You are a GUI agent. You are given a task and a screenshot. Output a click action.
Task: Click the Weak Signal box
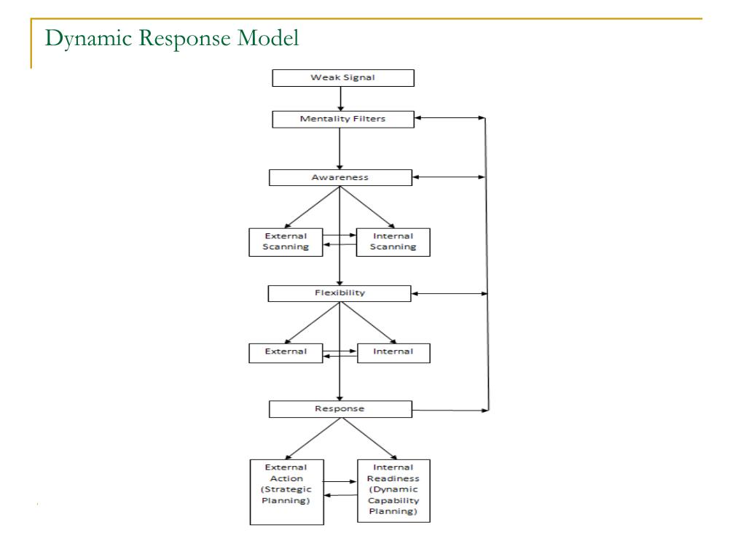(343, 78)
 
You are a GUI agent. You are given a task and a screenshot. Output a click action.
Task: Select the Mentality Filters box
(343, 119)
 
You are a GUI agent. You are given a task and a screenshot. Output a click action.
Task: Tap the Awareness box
(340, 178)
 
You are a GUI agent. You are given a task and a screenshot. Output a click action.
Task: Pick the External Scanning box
(286, 242)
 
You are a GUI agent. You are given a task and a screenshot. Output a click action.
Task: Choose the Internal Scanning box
(393, 242)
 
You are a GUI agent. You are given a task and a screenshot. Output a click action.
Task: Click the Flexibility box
(339, 293)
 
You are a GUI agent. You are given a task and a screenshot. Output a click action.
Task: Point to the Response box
(340, 409)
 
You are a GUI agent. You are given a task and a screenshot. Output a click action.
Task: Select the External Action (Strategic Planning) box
(287, 492)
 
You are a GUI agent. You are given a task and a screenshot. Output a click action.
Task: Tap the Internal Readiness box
(393, 491)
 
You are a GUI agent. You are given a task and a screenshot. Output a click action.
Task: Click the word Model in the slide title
(268, 38)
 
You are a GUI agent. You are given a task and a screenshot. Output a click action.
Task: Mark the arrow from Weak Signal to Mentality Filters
(341, 99)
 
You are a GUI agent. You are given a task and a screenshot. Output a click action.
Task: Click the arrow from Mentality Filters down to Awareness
(339, 149)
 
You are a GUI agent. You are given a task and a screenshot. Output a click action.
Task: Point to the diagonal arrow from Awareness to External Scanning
(312, 207)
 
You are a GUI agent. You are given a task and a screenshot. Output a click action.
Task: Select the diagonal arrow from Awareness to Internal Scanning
(367, 207)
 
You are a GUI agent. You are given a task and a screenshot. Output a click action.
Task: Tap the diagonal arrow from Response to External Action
(313, 438)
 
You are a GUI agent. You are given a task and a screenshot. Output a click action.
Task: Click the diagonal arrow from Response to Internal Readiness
(369, 438)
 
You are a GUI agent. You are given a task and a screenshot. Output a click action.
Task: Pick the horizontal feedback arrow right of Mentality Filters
(450, 117)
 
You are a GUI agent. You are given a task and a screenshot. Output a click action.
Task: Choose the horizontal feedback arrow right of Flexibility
(449, 294)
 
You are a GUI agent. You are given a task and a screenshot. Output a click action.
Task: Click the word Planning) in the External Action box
(286, 500)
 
